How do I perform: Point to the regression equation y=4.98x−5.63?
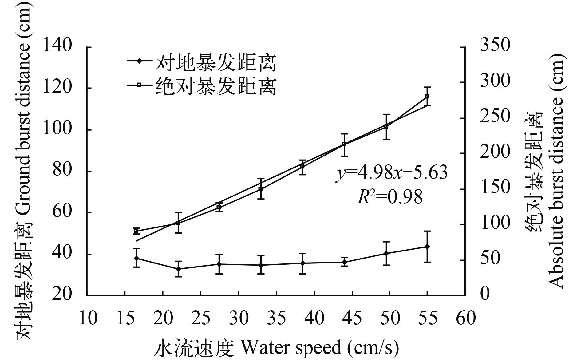click(x=391, y=173)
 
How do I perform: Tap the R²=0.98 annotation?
click(x=390, y=197)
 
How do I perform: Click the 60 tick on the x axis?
click(x=466, y=318)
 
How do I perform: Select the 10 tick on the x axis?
click(x=88, y=318)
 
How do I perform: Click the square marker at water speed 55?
click(x=427, y=97)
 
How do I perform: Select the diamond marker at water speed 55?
click(x=427, y=247)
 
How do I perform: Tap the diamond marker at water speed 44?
click(x=344, y=262)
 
